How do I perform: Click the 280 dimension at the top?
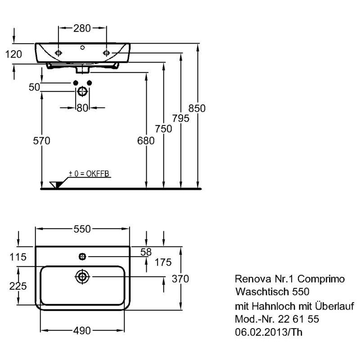pos(82,28)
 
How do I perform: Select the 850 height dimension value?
pos(197,108)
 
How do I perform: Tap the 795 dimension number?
pos(181,118)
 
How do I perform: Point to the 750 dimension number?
pos(163,129)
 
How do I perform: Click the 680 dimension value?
pos(146,140)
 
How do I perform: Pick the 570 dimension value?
pos(41,140)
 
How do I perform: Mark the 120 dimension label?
pos(13,54)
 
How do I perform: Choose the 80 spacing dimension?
pos(82,108)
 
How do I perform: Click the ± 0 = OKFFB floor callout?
pos(89,174)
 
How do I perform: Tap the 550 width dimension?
pos(82,229)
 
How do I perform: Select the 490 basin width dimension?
pos(82,331)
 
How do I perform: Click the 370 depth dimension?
pos(180,279)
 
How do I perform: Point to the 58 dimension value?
pos(146,252)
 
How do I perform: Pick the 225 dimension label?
pos(18,286)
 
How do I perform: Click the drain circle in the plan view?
pos(82,277)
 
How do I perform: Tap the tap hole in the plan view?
pos(82,256)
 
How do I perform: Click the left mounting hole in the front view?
pos(58,53)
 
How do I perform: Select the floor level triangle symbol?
pos(56,184)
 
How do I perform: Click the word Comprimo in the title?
pos(321,279)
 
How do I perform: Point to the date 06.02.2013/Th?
pos(268,332)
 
